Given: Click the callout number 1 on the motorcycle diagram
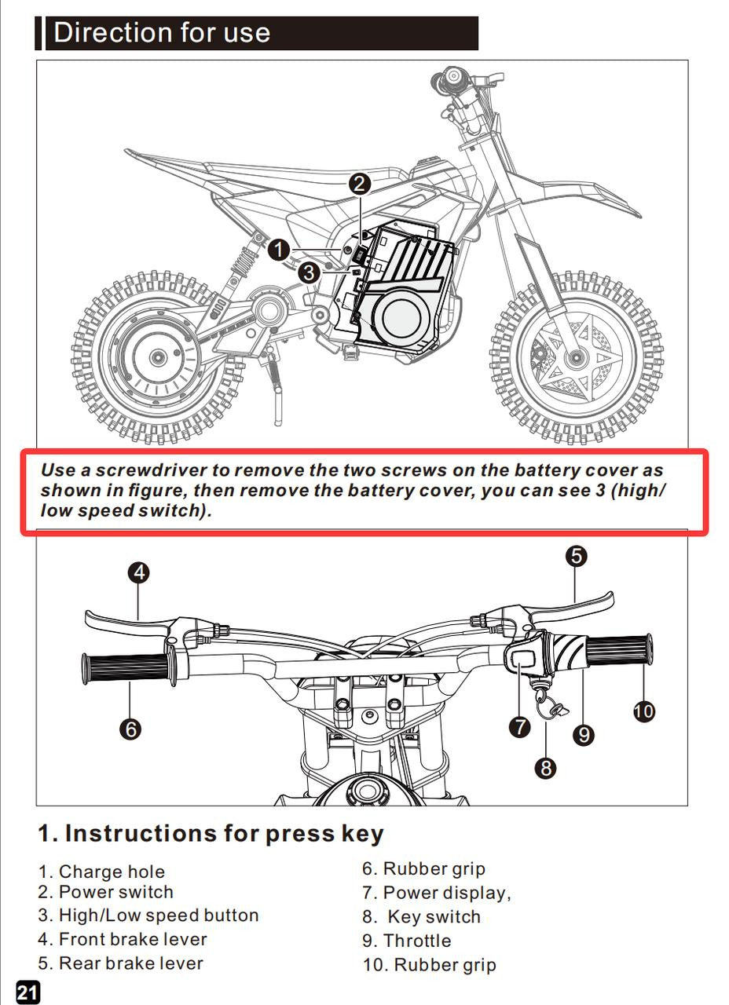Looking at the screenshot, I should (x=278, y=250).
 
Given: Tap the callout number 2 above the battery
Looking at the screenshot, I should (x=360, y=185).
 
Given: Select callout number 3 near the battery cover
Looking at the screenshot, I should (x=309, y=273).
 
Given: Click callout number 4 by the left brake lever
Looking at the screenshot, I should (x=138, y=572).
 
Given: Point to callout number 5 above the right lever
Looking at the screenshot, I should (x=577, y=556).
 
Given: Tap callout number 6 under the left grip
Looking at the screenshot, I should (x=130, y=729).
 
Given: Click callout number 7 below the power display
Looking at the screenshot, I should (x=520, y=727).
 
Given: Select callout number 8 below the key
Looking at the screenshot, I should (x=546, y=767).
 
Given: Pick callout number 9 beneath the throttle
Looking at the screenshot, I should (x=583, y=735).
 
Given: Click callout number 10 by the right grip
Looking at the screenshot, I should (x=643, y=711).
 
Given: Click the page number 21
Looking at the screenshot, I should (x=27, y=992).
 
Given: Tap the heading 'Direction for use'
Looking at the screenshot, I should (x=162, y=33).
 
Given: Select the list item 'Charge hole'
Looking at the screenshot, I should (x=112, y=872).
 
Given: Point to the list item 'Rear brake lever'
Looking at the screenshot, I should (x=130, y=963).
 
